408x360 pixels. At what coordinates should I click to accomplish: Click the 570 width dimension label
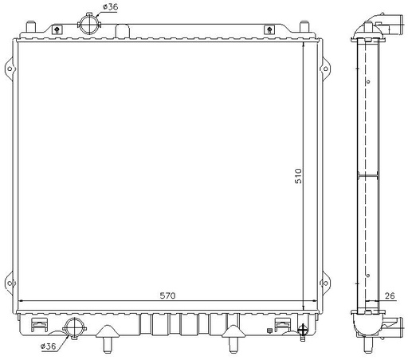167,295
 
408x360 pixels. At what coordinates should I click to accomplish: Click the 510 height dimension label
298,176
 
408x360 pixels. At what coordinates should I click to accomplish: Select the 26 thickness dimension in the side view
390,295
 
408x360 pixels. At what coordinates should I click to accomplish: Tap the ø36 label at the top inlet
111,6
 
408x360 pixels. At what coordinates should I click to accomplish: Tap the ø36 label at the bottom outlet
48,346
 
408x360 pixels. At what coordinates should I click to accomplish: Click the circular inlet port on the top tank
89,25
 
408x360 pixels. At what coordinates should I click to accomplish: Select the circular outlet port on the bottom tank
75,328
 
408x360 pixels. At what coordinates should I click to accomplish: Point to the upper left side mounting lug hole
10,68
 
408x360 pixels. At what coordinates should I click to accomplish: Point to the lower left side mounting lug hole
10,284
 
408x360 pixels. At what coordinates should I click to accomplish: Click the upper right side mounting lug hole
325,69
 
